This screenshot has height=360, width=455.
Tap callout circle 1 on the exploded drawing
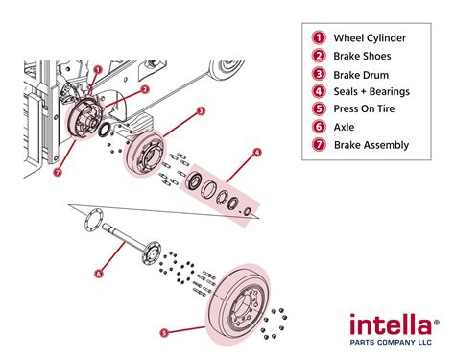coord(98,70)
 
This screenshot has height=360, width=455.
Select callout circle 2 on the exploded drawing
coord(145,89)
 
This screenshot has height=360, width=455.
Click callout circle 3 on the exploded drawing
coord(201,111)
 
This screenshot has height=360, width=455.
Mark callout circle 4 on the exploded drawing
coord(257,152)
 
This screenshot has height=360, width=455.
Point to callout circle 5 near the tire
coord(163,333)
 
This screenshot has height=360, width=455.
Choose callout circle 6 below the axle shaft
coord(98,273)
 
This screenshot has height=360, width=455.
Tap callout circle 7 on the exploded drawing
coord(60,173)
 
